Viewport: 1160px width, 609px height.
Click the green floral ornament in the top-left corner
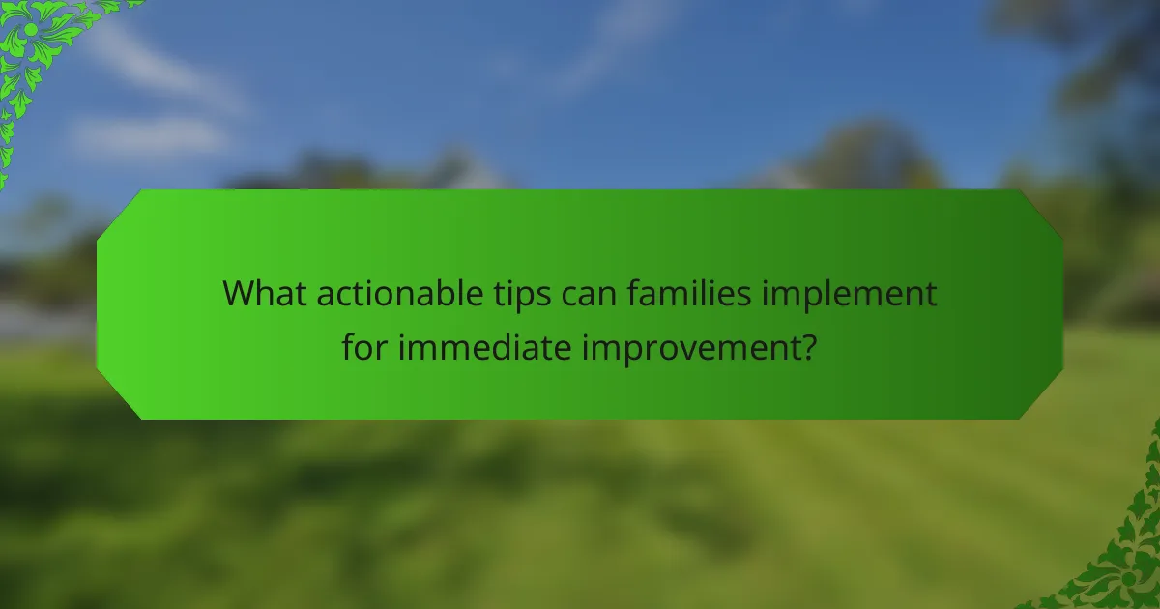coord(39,48)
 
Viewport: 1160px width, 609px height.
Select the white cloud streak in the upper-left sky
coord(155,135)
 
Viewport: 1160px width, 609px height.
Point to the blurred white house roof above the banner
coord(464,172)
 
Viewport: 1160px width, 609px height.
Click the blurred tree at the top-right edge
coord(1102,58)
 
